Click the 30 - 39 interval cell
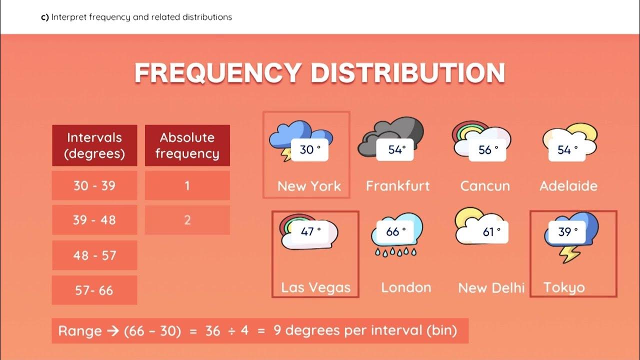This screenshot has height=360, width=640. tap(94, 185)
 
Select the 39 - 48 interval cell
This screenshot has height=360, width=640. tap(94, 220)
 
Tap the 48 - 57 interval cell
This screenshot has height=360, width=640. tap(94, 255)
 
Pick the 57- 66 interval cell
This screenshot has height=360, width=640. tap(94, 290)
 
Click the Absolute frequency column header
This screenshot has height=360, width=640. tap(187, 145)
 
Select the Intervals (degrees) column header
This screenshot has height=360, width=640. tap(94, 145)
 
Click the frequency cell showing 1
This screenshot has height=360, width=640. tap(187, 185)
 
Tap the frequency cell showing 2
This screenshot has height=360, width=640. tap(187, 220)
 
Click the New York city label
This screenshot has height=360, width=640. tap(309, 186)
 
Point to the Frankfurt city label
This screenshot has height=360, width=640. tap(397, 186)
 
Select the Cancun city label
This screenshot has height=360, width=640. tap(485, 186)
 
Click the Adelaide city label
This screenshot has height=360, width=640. tap(568, 186)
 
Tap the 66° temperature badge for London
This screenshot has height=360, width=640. tap(396, 232)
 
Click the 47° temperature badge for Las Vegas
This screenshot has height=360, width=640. tap(310, 232)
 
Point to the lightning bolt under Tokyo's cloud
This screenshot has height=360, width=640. tap(569, 253)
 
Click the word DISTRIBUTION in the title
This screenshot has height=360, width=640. tap(407, 73)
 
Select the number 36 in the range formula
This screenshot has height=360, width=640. tap(212, 331)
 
